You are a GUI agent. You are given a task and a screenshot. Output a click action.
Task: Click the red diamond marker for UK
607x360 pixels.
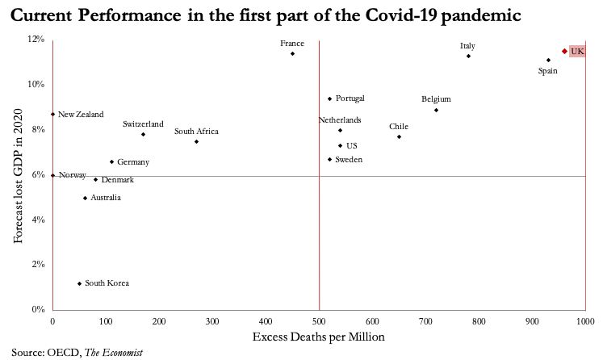564,51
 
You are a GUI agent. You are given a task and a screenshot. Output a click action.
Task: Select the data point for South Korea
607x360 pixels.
79,283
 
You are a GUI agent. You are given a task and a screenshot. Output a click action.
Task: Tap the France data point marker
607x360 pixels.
292,53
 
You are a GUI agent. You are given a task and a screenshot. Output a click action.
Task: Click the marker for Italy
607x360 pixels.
468,56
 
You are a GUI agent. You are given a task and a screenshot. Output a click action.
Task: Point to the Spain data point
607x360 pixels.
548,60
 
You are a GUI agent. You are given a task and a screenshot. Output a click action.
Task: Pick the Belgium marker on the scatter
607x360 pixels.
436,110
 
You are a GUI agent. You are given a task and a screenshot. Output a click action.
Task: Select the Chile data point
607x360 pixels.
399,136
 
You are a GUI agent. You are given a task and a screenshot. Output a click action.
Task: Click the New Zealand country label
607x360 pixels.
81,115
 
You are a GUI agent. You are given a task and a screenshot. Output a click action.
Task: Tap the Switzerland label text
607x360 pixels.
143,124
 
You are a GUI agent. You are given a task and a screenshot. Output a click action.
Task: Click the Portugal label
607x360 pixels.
350,98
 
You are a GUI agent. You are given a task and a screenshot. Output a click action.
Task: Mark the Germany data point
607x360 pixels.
112,161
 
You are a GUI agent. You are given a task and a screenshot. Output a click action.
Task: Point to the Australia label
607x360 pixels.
106,198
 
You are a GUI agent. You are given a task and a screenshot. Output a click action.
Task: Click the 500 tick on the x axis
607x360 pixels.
319,321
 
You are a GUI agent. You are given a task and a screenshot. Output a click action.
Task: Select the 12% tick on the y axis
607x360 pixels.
36,39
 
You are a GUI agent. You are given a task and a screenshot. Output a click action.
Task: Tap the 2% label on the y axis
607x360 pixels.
37,264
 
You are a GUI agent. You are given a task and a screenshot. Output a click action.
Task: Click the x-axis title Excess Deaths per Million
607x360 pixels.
319,337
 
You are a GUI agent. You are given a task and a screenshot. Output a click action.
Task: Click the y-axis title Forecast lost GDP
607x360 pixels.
17,174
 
